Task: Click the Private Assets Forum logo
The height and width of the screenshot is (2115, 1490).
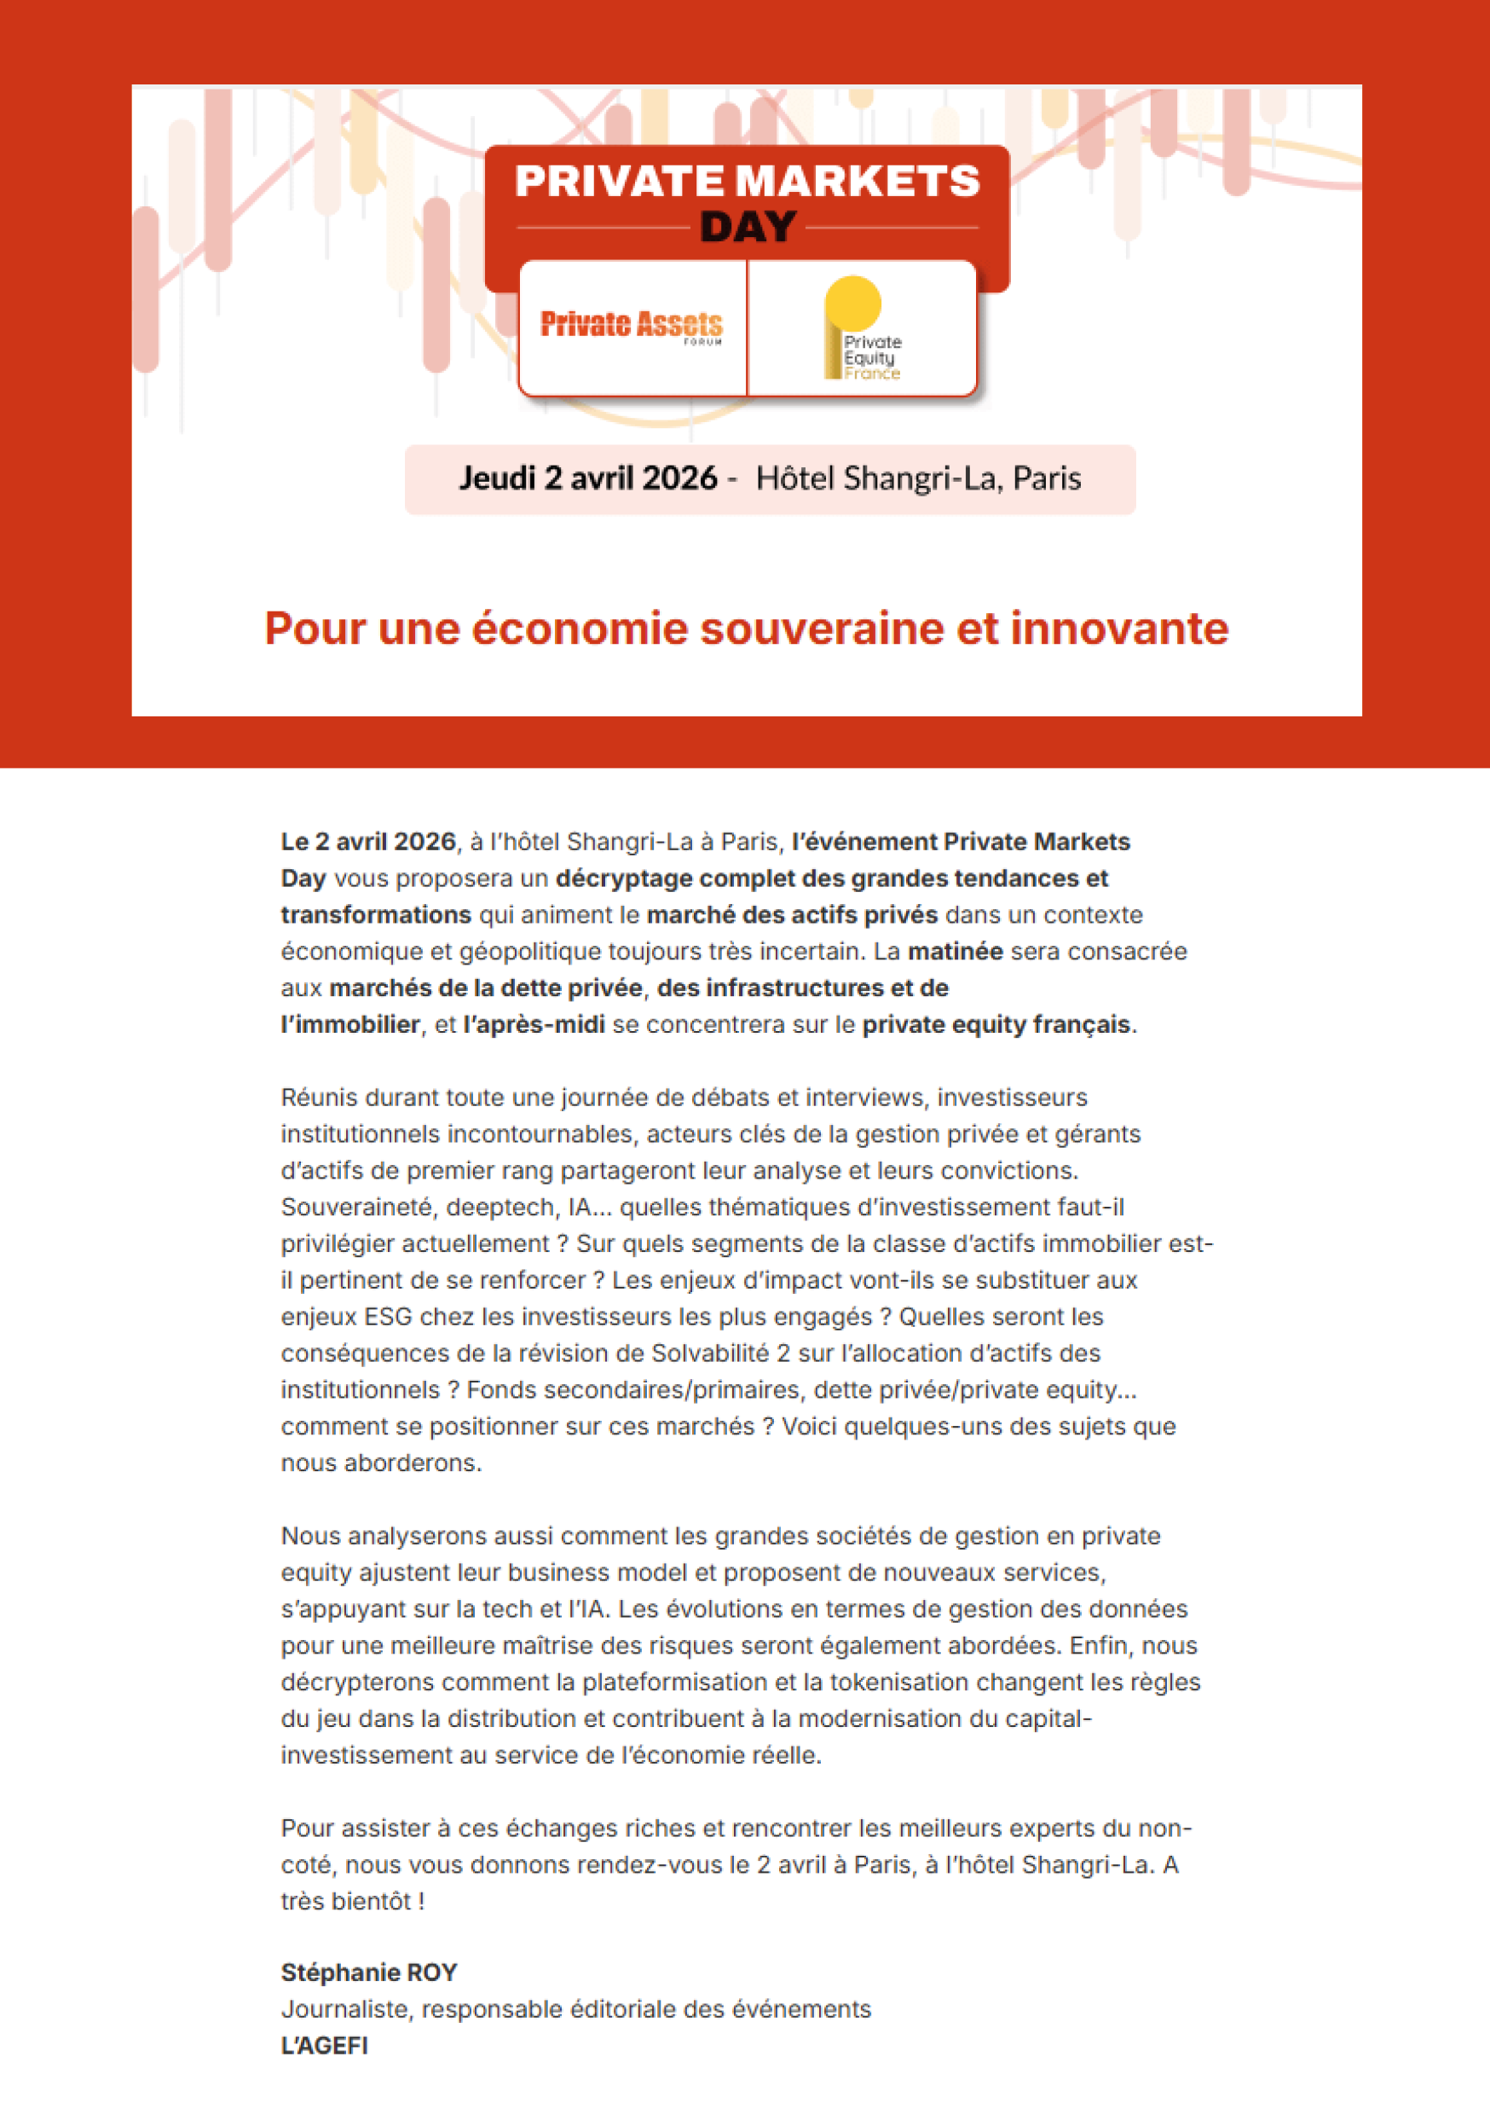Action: pyautogui.click(x=631, y=325)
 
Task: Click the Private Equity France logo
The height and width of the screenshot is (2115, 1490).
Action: pyautogui.click(x=862, y=329)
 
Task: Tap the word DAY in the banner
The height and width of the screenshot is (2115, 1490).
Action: pyautogui.click(x=748, y=227)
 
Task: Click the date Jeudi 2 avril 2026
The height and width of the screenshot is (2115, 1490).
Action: pyautogui.click(x=587, y=478)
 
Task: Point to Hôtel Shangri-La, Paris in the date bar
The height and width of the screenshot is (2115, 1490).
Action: pyautogui.click(x=918, y=478)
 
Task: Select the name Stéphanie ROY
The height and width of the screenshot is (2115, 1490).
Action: pyautogui.click(x=368, y=1973)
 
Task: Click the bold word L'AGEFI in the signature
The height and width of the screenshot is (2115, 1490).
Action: pyautogui.click(x=324, y=2045)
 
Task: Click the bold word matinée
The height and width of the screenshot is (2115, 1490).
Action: pyautogui.click(x=955, y=952)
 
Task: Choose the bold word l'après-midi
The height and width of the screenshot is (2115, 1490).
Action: pyautogui.click(x=534, y=1024)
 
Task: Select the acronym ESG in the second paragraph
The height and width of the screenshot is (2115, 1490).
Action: pyautogui.click(x=388, y=1317)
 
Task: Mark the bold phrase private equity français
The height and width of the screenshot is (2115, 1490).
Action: pyautogui.click(x=996, y=1024)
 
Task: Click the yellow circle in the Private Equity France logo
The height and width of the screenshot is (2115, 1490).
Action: pyautogui.click(x=852, y=301)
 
